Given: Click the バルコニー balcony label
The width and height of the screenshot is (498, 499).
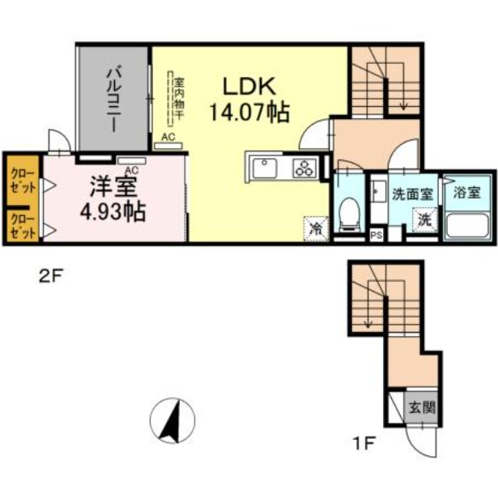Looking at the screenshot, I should pyautogui.click(x=113, y=101).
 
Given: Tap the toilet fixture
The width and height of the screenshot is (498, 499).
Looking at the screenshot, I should pyautogui.click(x=350, y=213).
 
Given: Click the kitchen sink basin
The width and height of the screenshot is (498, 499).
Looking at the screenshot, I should pyautogui.click(x=265, y=168).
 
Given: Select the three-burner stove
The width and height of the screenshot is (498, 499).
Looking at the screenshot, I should pyautogui.click(x=304, y=168).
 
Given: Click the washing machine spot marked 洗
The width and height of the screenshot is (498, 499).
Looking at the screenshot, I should pyautogui.click(x=424, y=219).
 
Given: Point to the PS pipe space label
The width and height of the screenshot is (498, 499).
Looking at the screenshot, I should pyautogui.click(x=376, y=236).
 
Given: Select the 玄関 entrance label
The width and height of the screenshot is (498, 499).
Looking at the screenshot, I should pyautogui.click(x=421, y=407).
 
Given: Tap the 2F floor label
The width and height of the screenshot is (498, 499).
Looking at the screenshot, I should pyautogui.click(x=50, y=275).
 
